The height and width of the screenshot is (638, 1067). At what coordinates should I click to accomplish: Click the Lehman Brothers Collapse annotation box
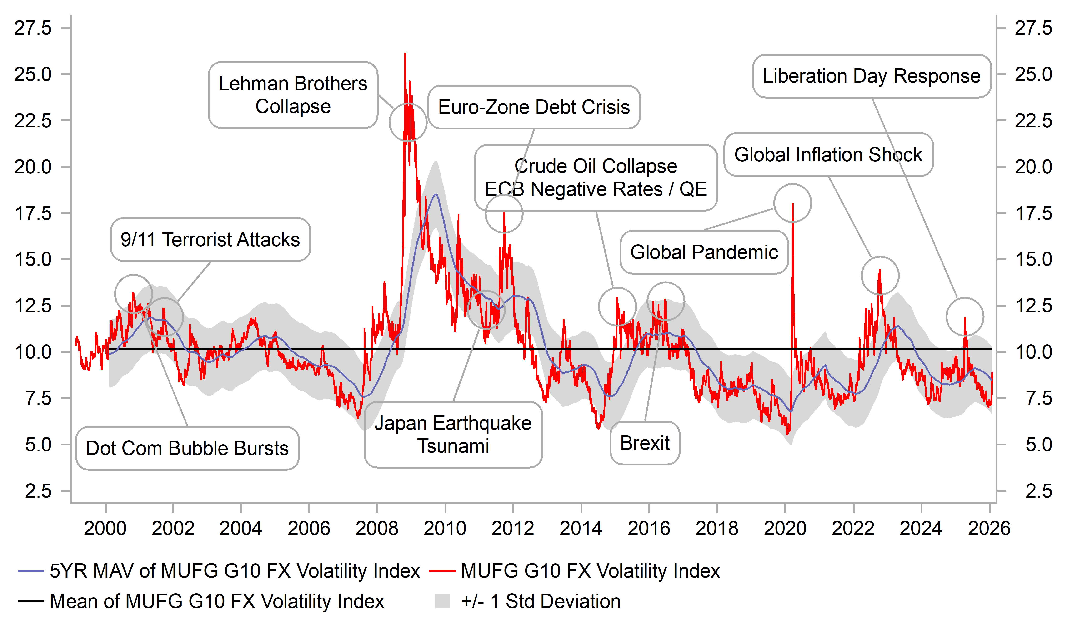click(293, 95)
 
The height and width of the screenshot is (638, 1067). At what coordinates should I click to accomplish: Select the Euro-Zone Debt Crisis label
click(534, 107)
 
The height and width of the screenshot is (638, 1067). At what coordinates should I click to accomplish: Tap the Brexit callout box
click(645, 443)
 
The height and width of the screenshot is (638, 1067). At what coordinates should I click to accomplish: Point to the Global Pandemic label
click(704, 252)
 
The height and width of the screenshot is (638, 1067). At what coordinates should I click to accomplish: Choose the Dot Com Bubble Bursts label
click(187, 448)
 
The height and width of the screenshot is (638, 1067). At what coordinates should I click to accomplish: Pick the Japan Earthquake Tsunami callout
click(453, 435)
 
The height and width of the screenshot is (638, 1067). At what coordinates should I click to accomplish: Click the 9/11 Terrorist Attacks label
click(210, 239)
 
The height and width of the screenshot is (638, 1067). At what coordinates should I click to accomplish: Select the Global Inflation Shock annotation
click(828, 155)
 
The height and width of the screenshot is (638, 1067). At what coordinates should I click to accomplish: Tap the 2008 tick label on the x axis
click(377, 528)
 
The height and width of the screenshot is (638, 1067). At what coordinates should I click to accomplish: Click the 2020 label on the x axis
click(785, 528)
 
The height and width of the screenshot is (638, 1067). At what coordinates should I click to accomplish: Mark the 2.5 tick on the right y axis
click(1039, 491)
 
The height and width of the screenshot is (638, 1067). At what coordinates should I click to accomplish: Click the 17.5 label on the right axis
click(1033, 213)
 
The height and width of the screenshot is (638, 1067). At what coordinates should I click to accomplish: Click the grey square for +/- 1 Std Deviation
click(442, 601)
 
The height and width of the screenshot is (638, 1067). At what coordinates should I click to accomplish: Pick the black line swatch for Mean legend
click(31, 601)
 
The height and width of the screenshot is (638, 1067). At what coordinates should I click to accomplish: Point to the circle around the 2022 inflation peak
click(880, 276)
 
